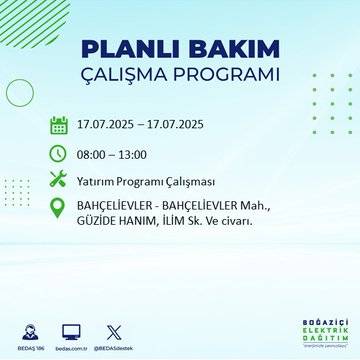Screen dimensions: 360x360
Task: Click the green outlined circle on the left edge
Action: click(x=19, y=92)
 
